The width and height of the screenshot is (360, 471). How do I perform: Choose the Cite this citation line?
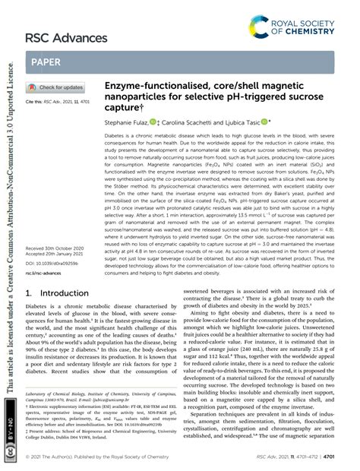pos(57,101)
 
